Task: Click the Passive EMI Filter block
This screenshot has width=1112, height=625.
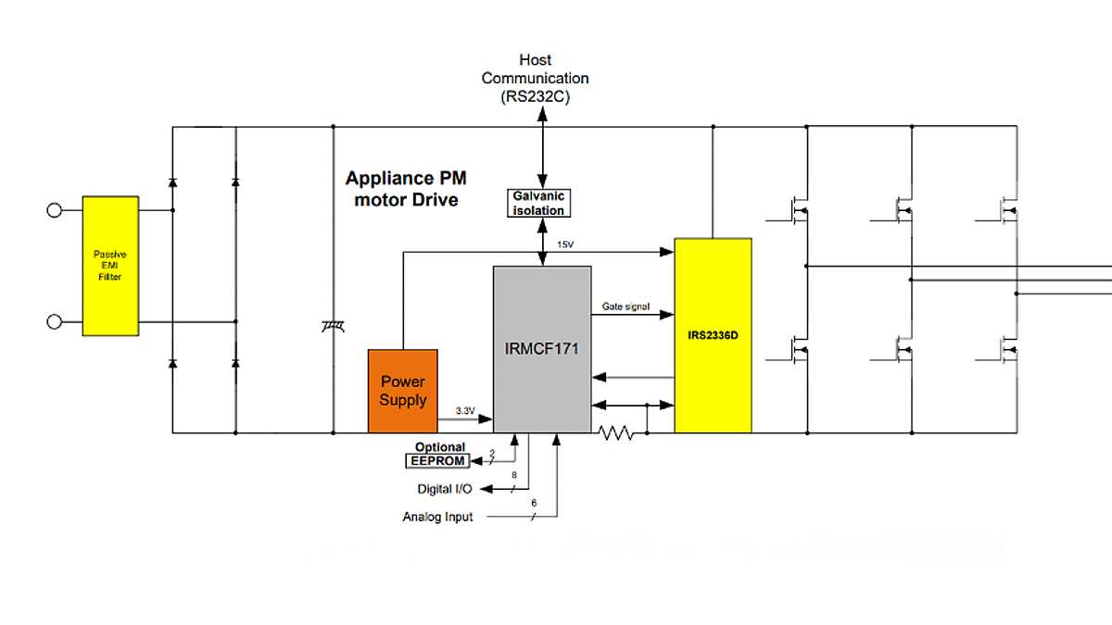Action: (x=110, y=265)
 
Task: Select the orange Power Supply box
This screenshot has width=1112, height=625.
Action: (x=402, y=391)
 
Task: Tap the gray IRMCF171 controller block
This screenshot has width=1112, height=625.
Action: (x=542, y=349)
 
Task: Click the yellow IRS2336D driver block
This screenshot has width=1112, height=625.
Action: (x=713, y=334)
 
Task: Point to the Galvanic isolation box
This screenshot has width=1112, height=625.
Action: (x=539, y=203)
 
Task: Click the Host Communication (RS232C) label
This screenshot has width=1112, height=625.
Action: (x=535, y=79)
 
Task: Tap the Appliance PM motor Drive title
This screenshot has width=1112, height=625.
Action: (x=406, y=188)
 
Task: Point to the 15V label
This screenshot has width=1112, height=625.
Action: (x=565, y=244)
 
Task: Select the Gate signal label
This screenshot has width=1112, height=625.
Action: (x=626, y=306)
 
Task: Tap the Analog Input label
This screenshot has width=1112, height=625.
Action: (x=437, y=517)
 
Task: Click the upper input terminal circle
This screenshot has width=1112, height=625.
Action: (x=54, y=210)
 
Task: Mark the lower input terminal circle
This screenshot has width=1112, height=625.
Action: (x=54, y=321)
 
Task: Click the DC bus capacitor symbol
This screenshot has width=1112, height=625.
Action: (x=333, y=325)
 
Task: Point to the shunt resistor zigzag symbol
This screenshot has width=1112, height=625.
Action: (x=616, y=431)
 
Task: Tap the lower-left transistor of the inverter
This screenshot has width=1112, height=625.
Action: (x=795, y=349)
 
